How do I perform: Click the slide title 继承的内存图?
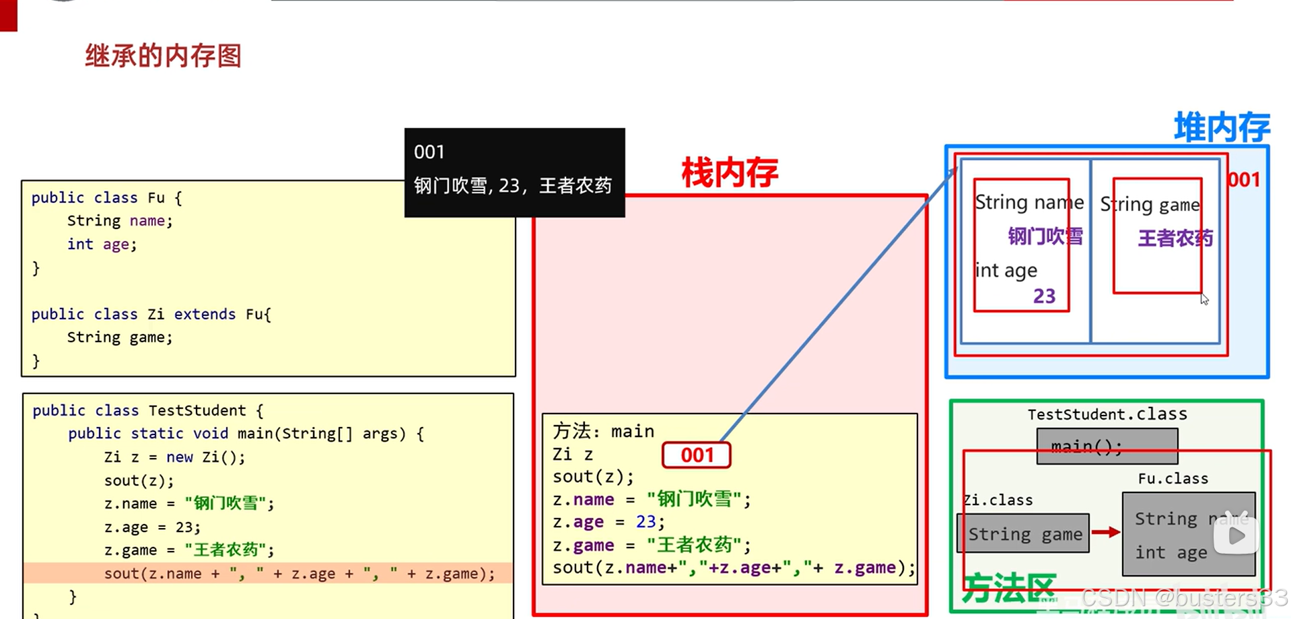pos(163,56)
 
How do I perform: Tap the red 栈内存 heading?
pos(730,172)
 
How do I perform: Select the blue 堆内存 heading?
pos(1221,128)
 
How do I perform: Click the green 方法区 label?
pos(1008,588)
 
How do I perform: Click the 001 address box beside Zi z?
pos(697,455)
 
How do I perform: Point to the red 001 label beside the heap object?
pos(1244,180)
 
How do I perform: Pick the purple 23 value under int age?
pos(1044,296)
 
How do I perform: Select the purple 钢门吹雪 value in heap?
pos(1045,236)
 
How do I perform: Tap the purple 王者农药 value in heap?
pos(1175,238)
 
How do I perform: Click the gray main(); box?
pos(1107,447)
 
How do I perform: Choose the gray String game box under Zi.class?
pos(1023,534)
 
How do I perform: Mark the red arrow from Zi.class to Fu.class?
pos(1105,533)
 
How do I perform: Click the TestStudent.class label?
pos(1107,414)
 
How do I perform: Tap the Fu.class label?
pos(1173,479)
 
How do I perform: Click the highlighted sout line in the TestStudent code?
pos(299,574)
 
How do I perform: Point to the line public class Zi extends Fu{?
pos(151,315)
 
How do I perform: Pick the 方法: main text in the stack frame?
pos(603,431)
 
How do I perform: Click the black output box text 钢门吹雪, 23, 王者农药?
pos(513,185)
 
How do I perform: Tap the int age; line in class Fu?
pos(102,245)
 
